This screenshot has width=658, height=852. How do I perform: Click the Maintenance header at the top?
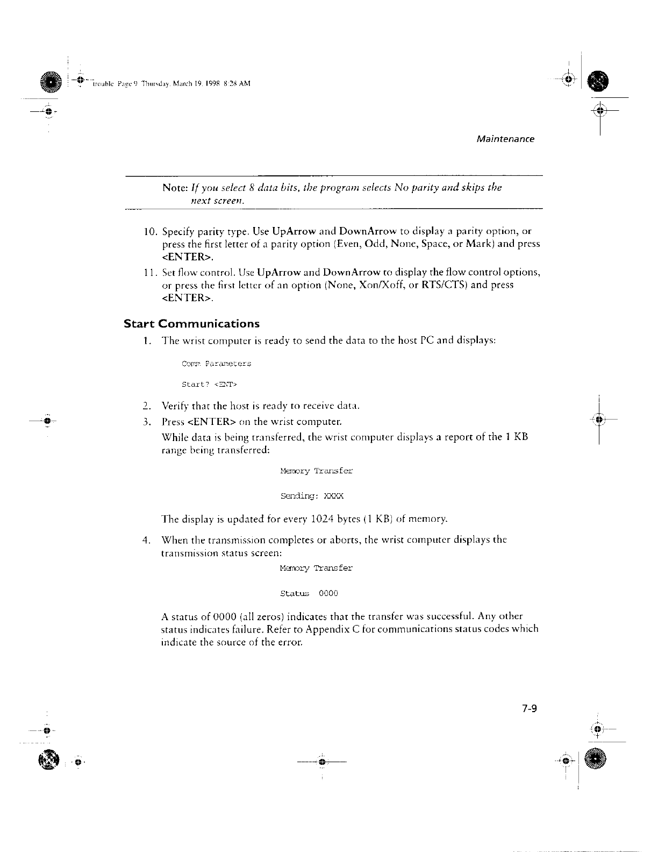[505, 139]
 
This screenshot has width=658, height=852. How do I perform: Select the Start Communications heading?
[191, 324]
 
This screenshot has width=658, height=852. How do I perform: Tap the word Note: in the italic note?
[174, 188]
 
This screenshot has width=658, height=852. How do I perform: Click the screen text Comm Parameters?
[216, 364]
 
